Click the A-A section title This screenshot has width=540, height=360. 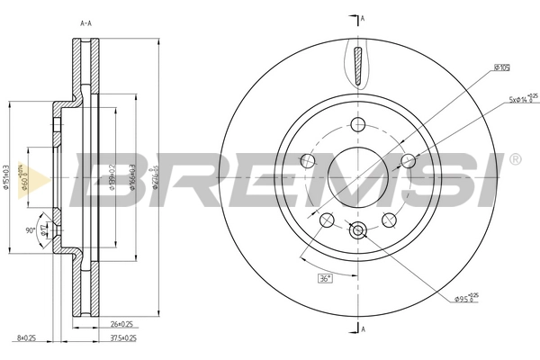pyautogui.click(x=86, y=23)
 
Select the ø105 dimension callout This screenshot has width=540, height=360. pyautogui.click(x=501, y=67)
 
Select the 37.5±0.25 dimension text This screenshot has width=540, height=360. pyautogui.click(x=122, y=339)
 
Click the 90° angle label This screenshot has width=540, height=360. pyautogui.click(x=30, y=231)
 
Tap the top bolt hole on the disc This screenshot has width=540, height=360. pyautogui.click(x=358, y=124)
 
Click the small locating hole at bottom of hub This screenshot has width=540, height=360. pyautogui.click(x=358, y=230)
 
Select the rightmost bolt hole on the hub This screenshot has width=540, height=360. pyautogui.click(x=408, y=161)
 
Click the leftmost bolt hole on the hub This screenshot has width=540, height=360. pyautogui.click(x=308, y=161)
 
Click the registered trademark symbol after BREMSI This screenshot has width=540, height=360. pyautogui.click(x=514, y=159)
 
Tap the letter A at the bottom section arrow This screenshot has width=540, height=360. pyautogui.click(x=362, y=329)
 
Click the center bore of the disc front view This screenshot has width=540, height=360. pyautogui.click(x=358, y=176)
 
